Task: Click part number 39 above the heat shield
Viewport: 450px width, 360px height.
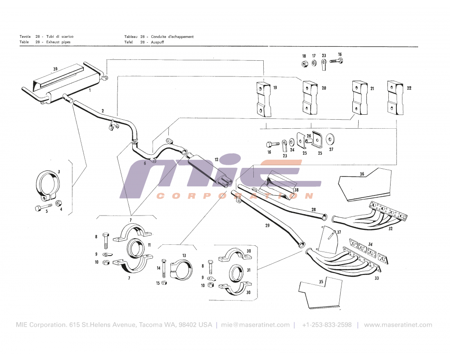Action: pos(55,69)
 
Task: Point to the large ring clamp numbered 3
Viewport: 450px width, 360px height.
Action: pos(48,186)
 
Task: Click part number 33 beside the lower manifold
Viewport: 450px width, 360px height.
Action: pos(376,278)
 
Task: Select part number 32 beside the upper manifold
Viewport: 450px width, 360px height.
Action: pos(391,229)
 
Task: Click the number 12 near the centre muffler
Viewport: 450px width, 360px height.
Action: pos(216,159)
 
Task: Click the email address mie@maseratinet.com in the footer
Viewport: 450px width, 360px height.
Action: pos(256,325)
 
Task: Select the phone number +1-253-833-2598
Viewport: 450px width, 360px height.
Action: pos(327,325)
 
